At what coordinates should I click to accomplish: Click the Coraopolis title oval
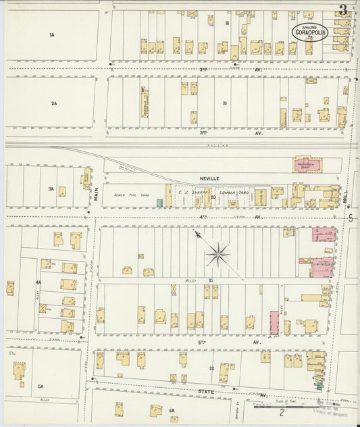click(309, 30)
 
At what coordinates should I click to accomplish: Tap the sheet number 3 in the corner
click(344, 9)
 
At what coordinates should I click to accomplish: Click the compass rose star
click(218, 255)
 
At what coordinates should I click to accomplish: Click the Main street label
click(97, 194)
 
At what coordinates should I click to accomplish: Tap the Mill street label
click(344, 196)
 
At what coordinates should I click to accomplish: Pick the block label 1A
click(51, 34)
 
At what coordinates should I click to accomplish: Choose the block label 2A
click(54, 103)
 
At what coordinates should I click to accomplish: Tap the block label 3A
click(50, 189)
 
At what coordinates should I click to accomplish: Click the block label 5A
click(40, 386)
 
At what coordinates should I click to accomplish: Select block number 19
click(224, 103)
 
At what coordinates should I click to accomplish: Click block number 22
click(211, 368)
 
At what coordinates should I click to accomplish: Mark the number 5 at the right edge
click(351, 218)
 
